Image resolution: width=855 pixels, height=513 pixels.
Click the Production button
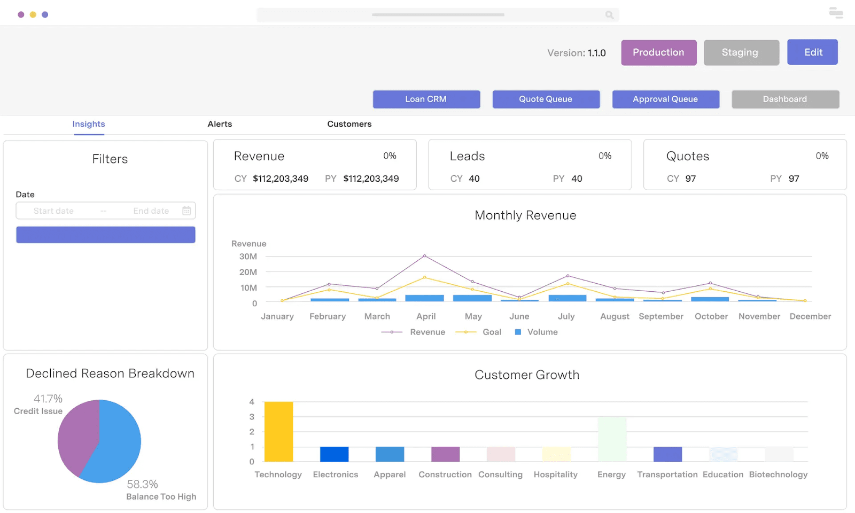click(659, 52)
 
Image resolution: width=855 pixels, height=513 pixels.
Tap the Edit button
click(813, 52)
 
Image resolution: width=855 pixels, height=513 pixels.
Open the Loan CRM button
click(426, 99)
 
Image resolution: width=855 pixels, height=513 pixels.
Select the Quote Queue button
click(546, 99)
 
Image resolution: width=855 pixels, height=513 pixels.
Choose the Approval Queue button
click(666, 99)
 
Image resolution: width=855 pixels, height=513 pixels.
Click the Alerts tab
click(220, 124)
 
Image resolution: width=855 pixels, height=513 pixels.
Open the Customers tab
click(349, 124)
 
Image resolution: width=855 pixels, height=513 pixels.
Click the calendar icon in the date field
click(186, 211)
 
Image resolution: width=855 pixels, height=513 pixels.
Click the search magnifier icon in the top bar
click(609, 15)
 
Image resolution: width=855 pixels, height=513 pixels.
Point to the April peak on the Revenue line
click(424, 256)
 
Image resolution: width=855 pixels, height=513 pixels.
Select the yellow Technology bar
click(278, 432)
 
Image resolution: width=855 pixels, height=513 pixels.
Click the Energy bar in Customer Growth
click(612, 439)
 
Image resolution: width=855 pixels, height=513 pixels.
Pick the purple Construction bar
click(446, 454)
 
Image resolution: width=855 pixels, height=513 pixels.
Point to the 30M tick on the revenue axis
click(248, 256)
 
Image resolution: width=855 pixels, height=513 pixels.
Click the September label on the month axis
click(661, 316)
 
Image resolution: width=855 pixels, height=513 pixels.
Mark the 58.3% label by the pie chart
click(142, 484)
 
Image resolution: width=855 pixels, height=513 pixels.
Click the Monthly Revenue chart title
click(525, 215)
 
